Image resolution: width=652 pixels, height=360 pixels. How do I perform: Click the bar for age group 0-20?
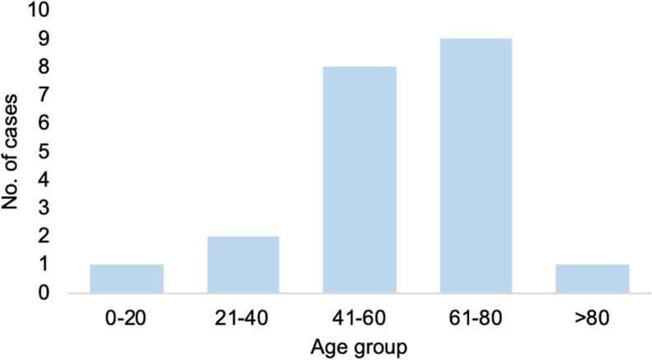coord(127,278)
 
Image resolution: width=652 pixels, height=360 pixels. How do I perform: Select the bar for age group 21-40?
coord(243,264)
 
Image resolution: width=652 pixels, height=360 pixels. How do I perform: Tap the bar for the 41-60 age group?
coord(360,180)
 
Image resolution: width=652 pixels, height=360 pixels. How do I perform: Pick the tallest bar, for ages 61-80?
coord(476,166)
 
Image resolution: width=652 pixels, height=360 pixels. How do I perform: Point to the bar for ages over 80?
coord(593,278)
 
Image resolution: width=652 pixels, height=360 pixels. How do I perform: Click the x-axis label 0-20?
coord(127,316)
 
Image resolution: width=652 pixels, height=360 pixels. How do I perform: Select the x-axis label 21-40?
coord(243,316)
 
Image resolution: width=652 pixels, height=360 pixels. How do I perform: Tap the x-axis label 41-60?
coord(360,316)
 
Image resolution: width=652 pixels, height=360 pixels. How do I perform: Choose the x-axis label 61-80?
coord(476,316)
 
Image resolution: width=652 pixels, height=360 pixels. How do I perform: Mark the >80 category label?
coord(593,316)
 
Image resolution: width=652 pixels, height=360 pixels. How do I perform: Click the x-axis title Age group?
coord(360,346)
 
